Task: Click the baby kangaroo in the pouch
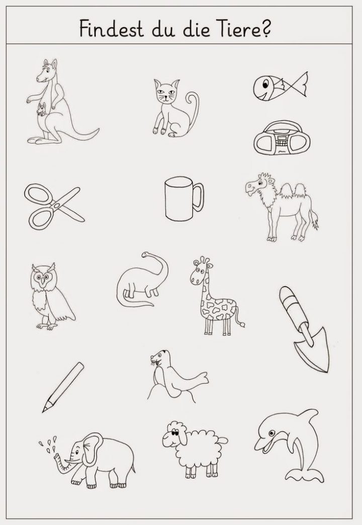(42, 109)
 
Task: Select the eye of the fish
(265, 83)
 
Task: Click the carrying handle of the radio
(281, 126)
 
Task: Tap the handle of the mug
(199, 197)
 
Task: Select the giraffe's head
(200, 271)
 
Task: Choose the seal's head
(160, 358)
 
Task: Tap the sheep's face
(173, 435)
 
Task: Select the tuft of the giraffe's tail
(241, 323)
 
